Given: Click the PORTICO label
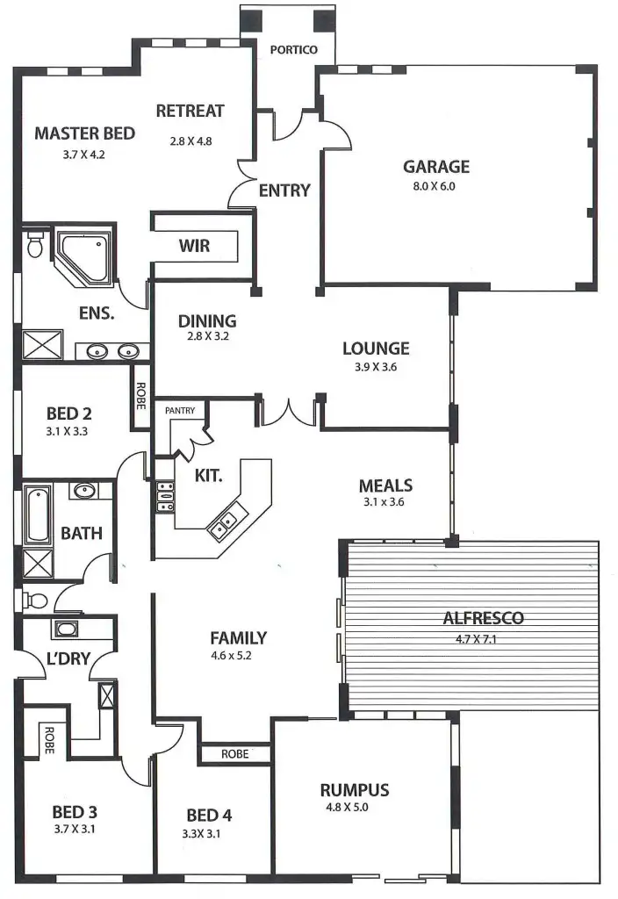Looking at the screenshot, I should coord(294,50).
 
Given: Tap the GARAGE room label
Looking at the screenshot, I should coord(436,166).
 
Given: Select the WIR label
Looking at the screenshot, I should coord(194,245).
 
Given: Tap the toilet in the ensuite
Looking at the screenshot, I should coord(35,245).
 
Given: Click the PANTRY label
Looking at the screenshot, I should coord(179,410).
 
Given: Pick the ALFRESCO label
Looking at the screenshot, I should coord(484,618).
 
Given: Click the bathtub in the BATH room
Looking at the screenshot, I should coord(37,516).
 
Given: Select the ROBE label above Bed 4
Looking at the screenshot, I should coord(234,754).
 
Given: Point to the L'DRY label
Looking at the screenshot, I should coord(68,658).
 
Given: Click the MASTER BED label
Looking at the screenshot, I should coord(84,133).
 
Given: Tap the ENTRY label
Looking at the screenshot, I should coord(284,190).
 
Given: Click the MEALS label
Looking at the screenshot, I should coord(385,485).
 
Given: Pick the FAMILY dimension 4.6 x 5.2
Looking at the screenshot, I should coord(238,656).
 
